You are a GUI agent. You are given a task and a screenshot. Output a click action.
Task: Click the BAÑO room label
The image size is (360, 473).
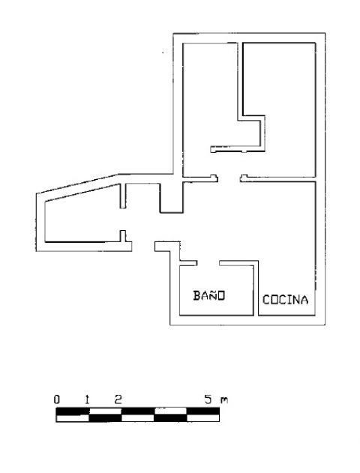point(209,295)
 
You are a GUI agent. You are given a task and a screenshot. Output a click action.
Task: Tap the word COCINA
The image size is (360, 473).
point(285,300)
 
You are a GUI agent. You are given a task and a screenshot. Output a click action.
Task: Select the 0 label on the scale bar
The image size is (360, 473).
point(57,400)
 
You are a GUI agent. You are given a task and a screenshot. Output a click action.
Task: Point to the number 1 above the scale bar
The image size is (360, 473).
point(87,400)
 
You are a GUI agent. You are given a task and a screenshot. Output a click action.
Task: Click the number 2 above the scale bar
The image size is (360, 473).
point(118,400)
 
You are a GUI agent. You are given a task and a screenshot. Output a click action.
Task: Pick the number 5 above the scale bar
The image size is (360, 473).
point(208,400)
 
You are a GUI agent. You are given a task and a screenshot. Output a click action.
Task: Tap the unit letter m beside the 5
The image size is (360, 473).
point(224,400)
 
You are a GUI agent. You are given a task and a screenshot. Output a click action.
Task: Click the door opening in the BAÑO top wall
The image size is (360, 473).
point(208,263)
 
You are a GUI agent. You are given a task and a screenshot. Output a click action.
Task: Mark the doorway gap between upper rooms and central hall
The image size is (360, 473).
point(229,179)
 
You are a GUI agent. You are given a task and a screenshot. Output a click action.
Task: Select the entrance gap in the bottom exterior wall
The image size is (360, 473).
point(143,247)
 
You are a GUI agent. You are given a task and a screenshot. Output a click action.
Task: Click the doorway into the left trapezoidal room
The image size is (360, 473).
point(123,220)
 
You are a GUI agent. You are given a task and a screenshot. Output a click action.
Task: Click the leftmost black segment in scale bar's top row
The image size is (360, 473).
point(73,412)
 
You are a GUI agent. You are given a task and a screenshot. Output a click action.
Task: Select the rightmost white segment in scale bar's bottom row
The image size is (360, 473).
point(203,418)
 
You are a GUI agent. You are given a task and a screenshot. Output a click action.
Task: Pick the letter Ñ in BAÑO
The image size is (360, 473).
point(213,295)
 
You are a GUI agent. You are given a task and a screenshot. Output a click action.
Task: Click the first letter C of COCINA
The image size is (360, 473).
point(266,300)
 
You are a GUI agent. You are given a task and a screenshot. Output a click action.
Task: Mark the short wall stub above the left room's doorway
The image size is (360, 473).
point(123,196)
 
